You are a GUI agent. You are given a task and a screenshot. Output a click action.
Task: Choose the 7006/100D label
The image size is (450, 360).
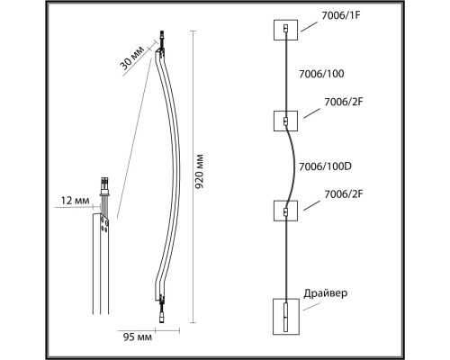click(324, 166)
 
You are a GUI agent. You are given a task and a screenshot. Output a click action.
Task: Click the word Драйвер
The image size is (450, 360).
click(327, 293)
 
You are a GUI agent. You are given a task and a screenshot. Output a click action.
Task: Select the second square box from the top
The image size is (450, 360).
click(284, 121)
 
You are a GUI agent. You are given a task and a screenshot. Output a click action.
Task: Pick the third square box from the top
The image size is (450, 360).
click(284, 211)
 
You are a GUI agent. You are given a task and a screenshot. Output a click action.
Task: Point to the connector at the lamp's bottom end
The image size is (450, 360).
click(162, 315)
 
